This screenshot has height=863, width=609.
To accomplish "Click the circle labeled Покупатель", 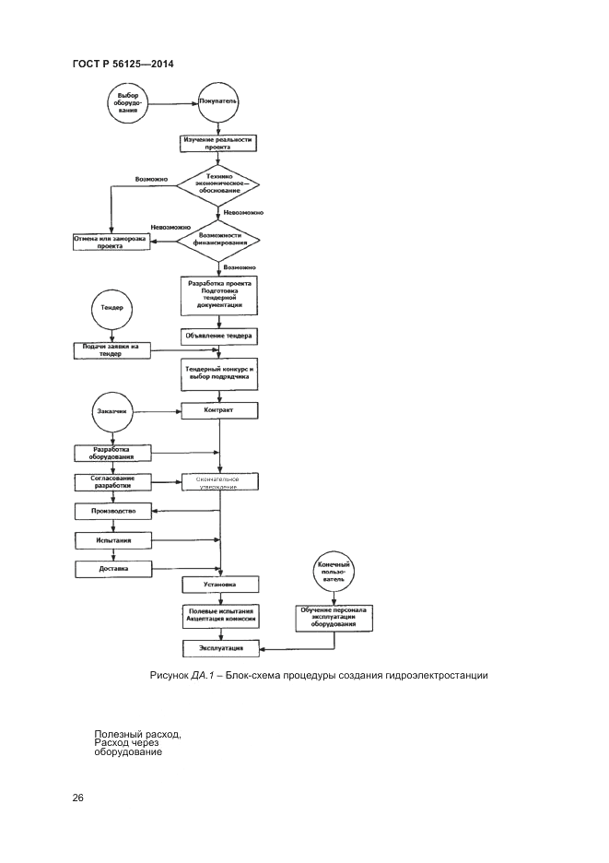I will pos(220,103).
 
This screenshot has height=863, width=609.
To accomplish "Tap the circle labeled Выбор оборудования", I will pos(127,103).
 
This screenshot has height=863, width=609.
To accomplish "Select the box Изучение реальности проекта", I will pos(218,143).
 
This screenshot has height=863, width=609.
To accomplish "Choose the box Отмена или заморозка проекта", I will pos(111,242).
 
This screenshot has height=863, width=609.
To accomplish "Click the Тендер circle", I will pos(111,308).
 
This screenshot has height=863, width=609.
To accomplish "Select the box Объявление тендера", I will pos(219,337).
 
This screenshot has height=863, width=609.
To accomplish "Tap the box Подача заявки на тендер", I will pos(111,350).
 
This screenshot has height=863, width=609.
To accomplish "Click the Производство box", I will pos(112,511).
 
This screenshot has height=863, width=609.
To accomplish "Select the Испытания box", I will pos(112,540).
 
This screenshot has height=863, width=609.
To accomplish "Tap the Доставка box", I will pos(112,569).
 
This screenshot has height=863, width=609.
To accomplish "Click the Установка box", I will pos(219,584).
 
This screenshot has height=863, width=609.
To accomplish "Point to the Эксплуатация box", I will pos(219,650).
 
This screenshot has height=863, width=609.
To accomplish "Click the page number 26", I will pos(77,798).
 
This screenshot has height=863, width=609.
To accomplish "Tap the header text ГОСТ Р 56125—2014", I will pos(123,63).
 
